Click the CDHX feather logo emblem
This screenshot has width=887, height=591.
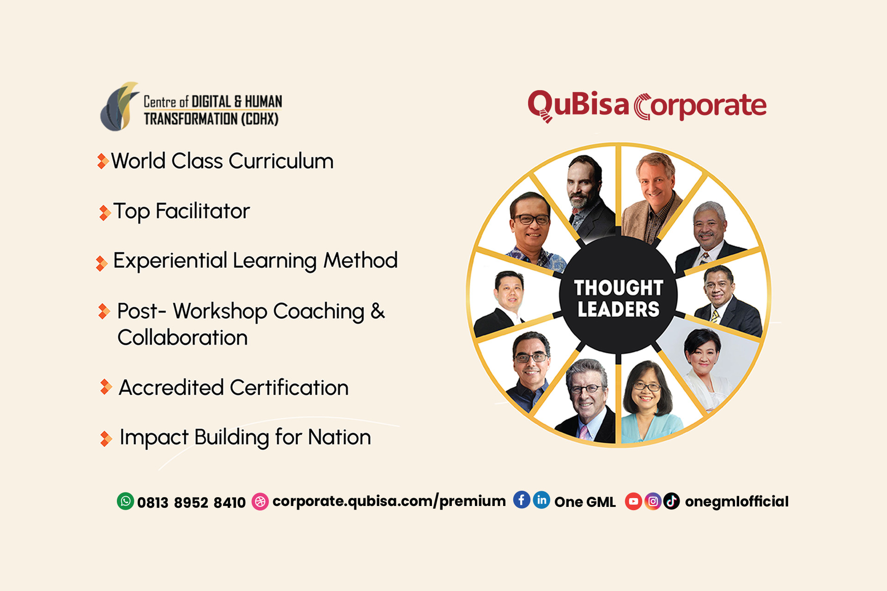tap(119, 107)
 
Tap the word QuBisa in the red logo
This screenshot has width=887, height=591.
tap(578, 106)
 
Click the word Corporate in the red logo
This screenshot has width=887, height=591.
tap(700, 107)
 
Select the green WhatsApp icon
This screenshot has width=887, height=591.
tap(125, 501)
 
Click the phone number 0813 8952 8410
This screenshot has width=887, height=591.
tap(191, 502)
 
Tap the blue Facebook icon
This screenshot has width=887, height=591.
tap(522, 500)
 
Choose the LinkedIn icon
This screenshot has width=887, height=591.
tap(541, 500)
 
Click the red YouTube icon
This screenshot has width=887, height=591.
tap(633, 501)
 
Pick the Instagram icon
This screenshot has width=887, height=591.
tap(653, 501)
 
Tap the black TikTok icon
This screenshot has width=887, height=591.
tap(672, 501)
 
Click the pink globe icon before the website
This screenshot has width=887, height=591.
tap(260, 501)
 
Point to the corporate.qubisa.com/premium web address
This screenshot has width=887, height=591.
tap(389, 501)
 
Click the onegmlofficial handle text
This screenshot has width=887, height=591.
tap(737, 502)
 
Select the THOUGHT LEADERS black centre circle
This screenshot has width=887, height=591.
tap(619, 296)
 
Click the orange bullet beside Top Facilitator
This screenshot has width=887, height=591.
tap(105, 213)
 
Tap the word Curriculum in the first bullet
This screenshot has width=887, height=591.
tap(281, 161)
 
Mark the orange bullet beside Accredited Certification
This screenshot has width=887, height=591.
tap(106, 387)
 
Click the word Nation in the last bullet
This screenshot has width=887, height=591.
tap(340, 437)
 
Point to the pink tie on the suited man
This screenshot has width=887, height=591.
tap(583, 432)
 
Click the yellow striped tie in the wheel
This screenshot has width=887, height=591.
tap(715, 316)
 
